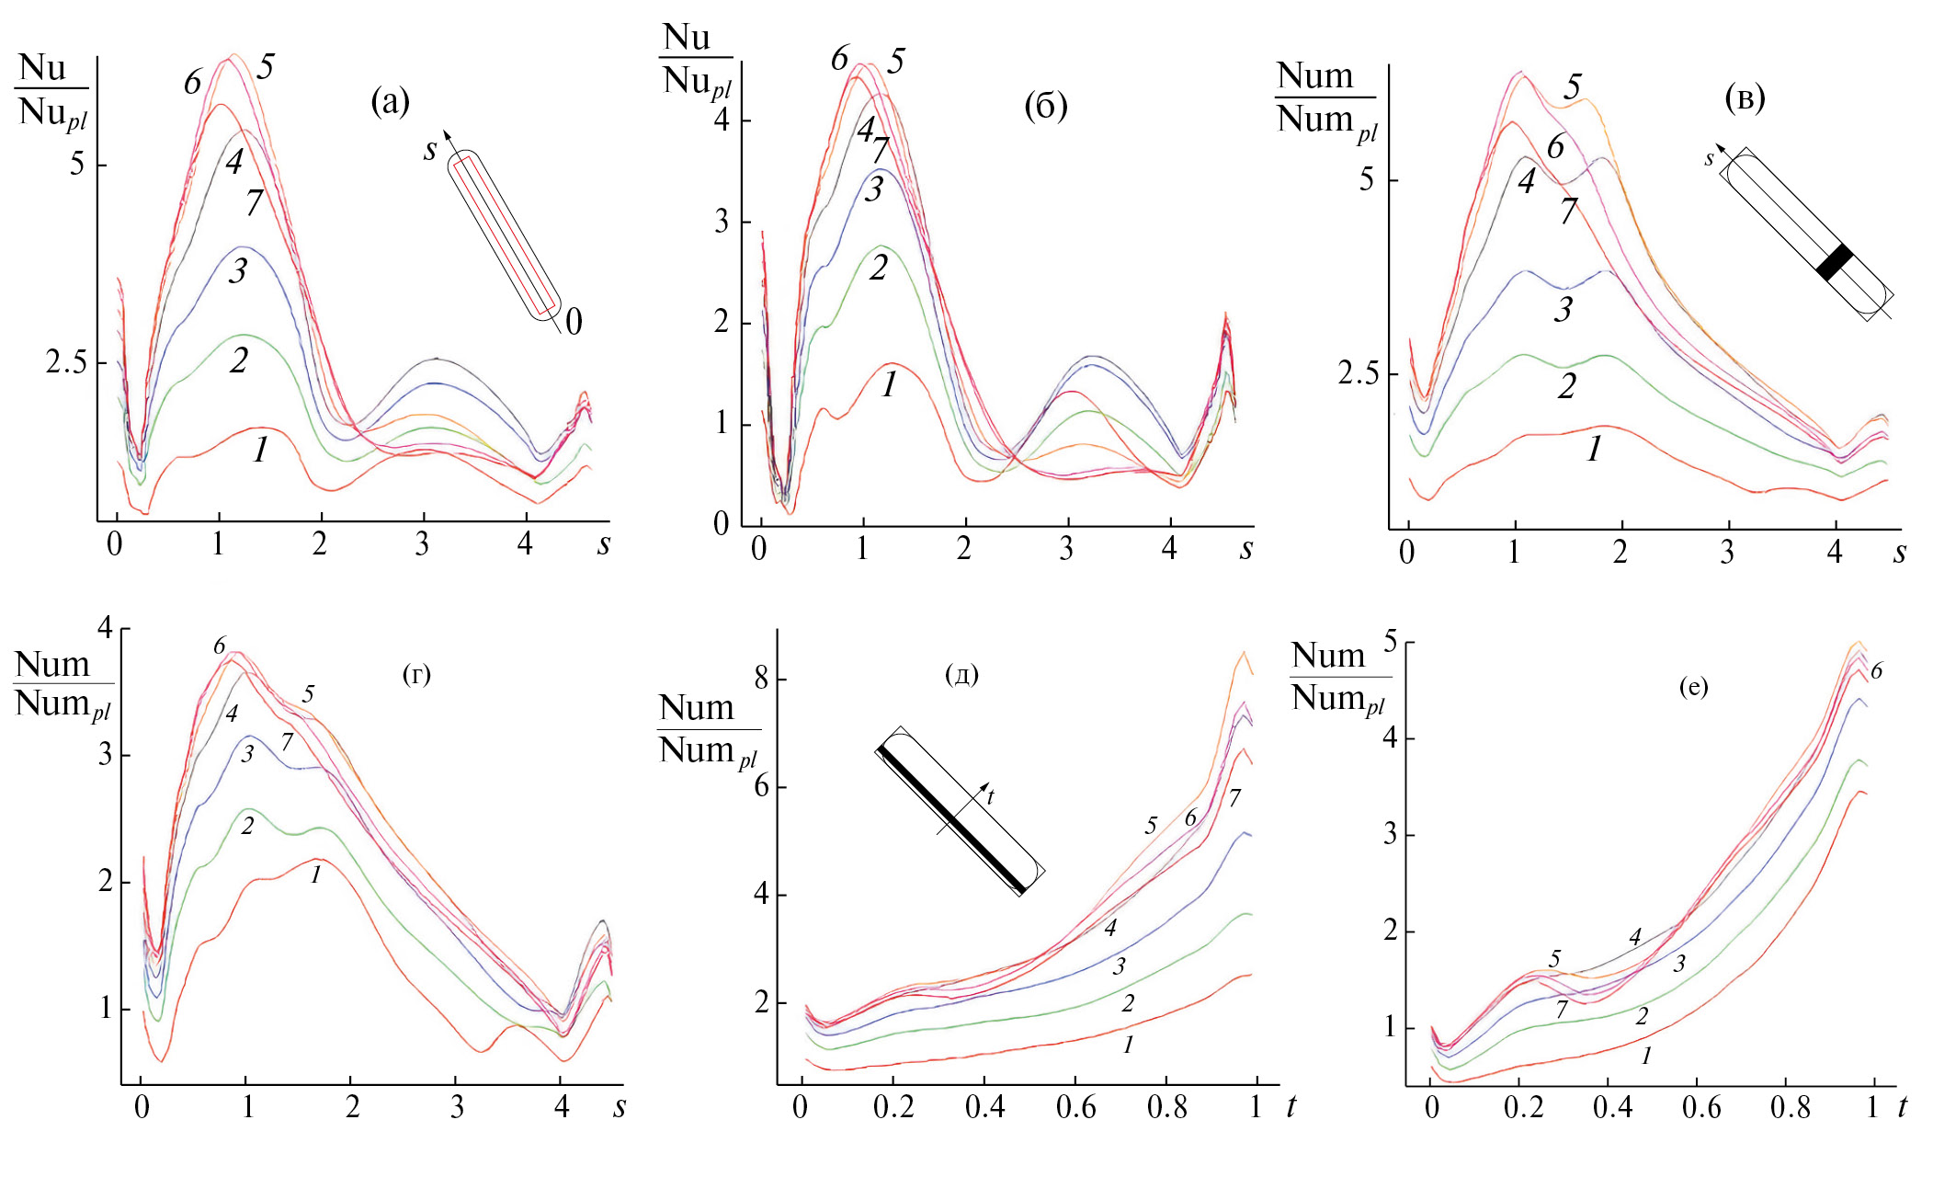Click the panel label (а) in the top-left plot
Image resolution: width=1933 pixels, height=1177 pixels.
pyautogui.click(x=390, y=100)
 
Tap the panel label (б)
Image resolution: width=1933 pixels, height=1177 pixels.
pyautogui.click(x=1045, y=107)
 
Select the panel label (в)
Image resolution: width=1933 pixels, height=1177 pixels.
pyautogui.click(x=1745, y=98)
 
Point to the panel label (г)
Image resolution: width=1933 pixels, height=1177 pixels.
pyautogui.click(x=416, y=675)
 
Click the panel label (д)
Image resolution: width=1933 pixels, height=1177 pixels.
pyautogui.click(x=961, y=675)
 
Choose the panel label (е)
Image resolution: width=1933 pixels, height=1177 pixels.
pyautogui.click(x=1693, y=686)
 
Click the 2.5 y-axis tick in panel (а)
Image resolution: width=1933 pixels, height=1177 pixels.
pyautogui.click(x=66, y=362)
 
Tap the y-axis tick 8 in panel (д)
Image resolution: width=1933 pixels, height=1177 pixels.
pyautogui.click(x=761, y=680)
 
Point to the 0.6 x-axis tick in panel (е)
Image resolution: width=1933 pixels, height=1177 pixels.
pyautogui.click(x=1701, y=1107)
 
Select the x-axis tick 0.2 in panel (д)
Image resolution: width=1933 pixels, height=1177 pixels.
pyautogui.click(x=893, y=1107)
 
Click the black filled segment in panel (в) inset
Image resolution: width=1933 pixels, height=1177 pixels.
pyautogui.click(x=1835, y=262)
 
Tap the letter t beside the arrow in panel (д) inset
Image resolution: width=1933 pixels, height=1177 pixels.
pyautogui.click(x=990, y=797)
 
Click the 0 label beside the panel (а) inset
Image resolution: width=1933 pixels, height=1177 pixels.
pyautogui.click(x=574, y=322)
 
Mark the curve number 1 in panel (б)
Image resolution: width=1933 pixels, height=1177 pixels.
pyautogui.click(x=889, y=384)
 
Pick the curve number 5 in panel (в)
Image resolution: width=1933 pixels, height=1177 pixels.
pyautogui.click(x=1573, y=87)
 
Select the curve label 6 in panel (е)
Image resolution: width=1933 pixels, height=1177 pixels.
pyautogui.click(x=1876, y=671)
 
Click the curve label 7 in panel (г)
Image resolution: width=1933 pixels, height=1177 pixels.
pyautogui.click(x=288, y=741)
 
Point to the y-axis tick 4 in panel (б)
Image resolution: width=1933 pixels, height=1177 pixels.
pyautogui.click(x=722, y=120)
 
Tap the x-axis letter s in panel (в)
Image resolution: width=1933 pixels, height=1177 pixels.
pyautogui.click(x=1899, y=553)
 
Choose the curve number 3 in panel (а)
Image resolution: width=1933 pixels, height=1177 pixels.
pyautogui.click(x=238, y=270)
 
